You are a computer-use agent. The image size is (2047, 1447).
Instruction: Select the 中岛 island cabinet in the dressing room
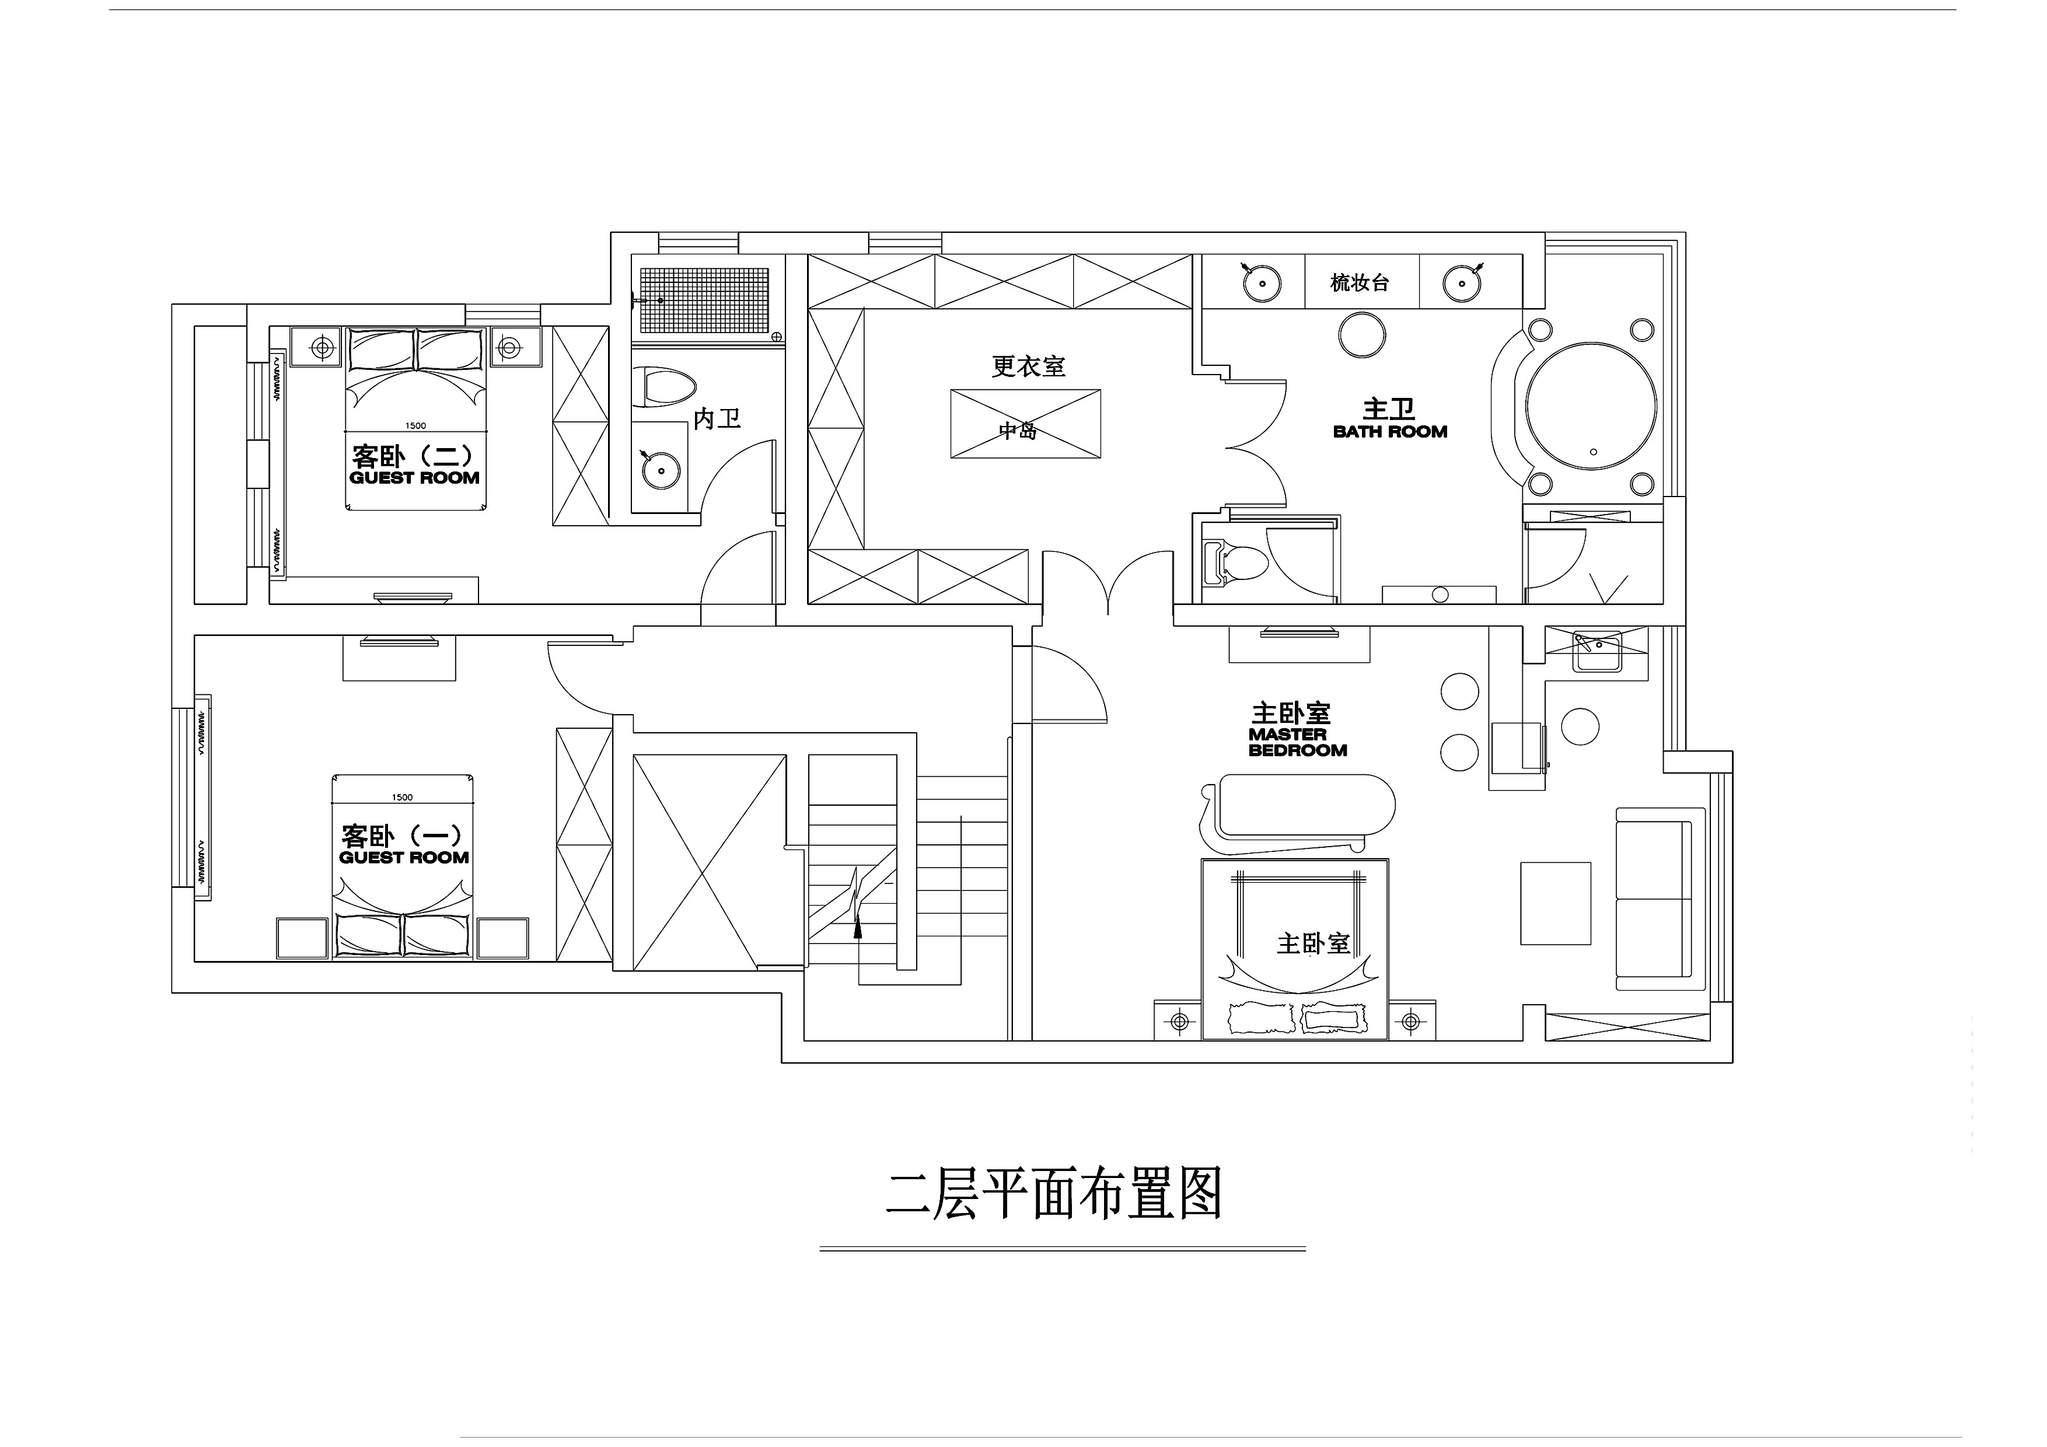tap(1025, 424)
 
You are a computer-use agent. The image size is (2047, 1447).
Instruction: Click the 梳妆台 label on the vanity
tap(1360, 282)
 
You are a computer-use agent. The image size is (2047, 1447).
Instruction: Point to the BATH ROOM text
tap(1390, 432)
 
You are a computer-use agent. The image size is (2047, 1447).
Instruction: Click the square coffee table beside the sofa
tap(1556, 903)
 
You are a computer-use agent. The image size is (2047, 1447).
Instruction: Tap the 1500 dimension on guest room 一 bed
tap(402, 797)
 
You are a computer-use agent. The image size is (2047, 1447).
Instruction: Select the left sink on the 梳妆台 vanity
tap(1262, 282)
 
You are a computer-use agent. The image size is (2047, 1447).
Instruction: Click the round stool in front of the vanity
tap(1363, 334)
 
